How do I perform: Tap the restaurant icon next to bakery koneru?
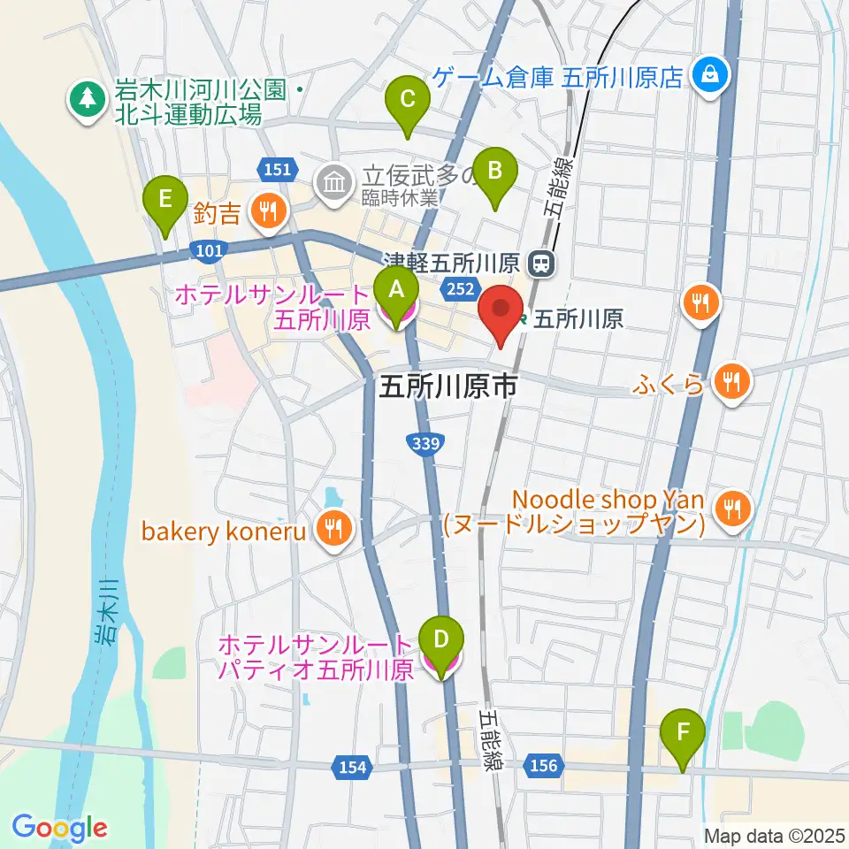coord(335,530)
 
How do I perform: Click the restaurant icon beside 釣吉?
coord(267,210)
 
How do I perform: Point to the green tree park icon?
coord(87,99)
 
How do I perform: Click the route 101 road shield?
coord(208,252)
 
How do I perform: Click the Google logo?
coord(59,828)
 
